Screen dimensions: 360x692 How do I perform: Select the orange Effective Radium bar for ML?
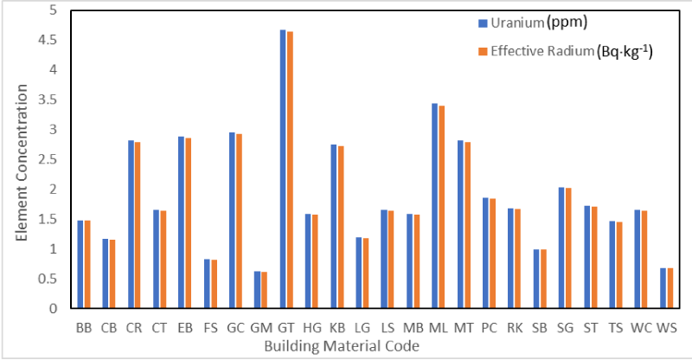click(442, 207)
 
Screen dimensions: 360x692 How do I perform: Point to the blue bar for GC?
click(232, 221)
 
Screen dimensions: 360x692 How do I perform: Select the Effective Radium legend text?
click(571, 52)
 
